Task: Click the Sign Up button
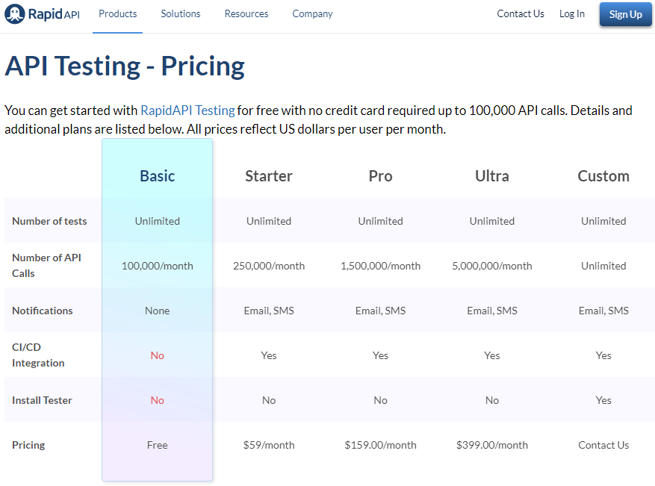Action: pos(625,14)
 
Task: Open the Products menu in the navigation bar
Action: pos(118,13)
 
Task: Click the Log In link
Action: pos(572,13)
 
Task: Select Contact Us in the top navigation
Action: pos(521,13)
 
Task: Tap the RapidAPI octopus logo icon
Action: pos(15,13)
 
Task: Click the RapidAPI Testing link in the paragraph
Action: pos(187,110)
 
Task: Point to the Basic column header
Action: pos(157,175)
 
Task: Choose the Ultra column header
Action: pos(491,175)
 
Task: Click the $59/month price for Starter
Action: pos(269,445)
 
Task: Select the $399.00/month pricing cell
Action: pos(491,445)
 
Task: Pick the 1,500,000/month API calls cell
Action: pos(380,266)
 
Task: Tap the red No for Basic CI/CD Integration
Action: pos(157,355)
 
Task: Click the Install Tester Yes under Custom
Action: pos(603,400)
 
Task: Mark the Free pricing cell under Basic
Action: pos(157,445)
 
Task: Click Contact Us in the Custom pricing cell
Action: pos(603,445)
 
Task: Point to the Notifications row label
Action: pos(42,311)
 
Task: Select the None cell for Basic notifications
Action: pos(157,311)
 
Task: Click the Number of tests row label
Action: pos(49,221)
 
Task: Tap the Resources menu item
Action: pos(246,13)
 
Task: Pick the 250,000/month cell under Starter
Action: pos(269,266)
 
